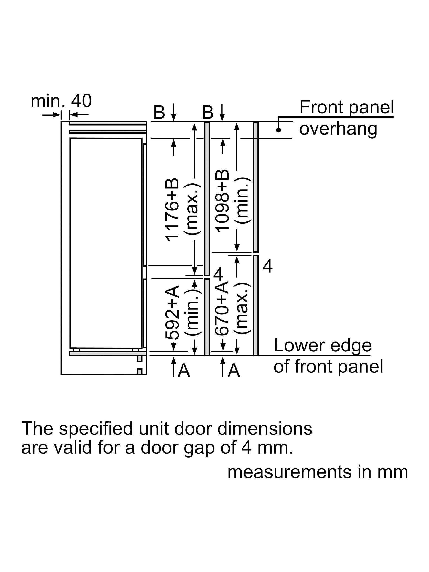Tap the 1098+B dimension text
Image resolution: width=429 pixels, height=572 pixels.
click(222, 201)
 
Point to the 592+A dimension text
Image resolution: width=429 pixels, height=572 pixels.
click(172, 312)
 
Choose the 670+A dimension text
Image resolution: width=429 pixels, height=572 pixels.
click(222, 309)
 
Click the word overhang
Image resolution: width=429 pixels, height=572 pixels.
click(338, 129)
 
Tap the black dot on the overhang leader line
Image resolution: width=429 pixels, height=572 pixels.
click(278, 130)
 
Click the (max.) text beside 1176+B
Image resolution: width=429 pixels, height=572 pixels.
click(192, 209)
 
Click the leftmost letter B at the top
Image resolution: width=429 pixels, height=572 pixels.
click(159, 112)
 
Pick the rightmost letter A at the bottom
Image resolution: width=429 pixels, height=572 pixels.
click(234, 370)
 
